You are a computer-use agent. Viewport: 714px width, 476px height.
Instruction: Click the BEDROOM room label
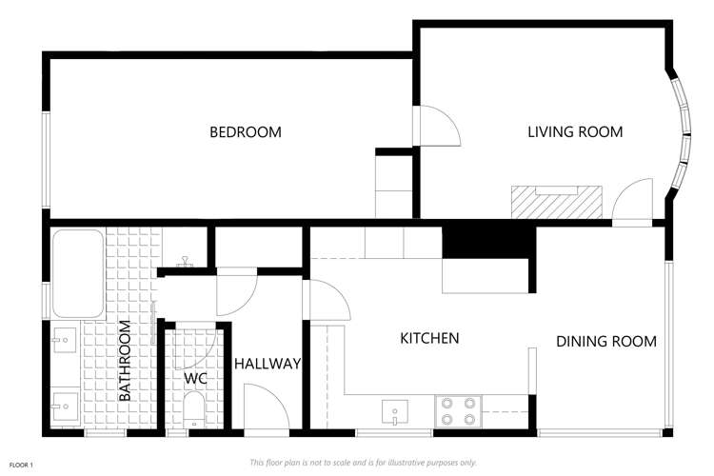[x=246, y=132]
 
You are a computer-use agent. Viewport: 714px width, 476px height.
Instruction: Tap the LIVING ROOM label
[x=575, y=132]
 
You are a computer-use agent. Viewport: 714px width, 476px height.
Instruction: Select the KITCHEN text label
[x=429, y=338]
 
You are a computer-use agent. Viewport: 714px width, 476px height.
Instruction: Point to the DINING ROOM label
[x=606, y=342]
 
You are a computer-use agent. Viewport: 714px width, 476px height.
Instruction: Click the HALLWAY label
[x=268, y=364]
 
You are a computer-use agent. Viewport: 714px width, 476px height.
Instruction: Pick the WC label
[x=195, y=378]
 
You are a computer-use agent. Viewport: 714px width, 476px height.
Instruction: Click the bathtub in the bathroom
[x=77, y=273]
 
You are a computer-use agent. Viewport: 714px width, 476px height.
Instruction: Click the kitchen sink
[x=395, y=412]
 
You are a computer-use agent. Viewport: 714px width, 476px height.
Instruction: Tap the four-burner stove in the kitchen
[x=457, y=411]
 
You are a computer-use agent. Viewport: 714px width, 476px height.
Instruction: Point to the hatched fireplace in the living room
[x=557, y=202]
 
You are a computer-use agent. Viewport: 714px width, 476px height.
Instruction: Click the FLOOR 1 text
[x=22, y=465]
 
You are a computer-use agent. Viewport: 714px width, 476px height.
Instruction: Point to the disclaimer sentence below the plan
[x=362, y=463]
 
